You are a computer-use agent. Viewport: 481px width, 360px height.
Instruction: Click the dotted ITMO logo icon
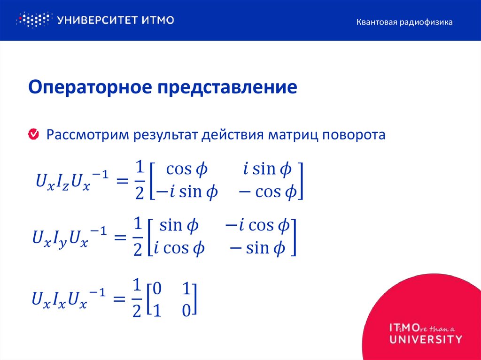pyautogui.click(x=32, y=20)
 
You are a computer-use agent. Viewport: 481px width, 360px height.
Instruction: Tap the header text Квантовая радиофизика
pyautogui.click(x=404, y=22)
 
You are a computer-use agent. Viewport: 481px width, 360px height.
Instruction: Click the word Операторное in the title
pyautogui.click(x=88, y=88)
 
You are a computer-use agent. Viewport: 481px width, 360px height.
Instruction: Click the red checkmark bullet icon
pyautogui.click(x=34, y=135)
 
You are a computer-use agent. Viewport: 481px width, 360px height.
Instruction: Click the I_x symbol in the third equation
pyautogui.click(x=59, y=299)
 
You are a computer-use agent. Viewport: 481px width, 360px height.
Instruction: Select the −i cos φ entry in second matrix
pyautogui.click(x=256, y=226)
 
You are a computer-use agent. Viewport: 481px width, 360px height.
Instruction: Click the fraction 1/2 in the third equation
pyautogui.click(x=137, y=298)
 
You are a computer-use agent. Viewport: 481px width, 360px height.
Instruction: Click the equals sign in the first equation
pyautogui.click(x=123, y=181)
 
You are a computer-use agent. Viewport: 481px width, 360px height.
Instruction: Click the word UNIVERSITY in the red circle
pyautogui.click(x=426, y=339)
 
